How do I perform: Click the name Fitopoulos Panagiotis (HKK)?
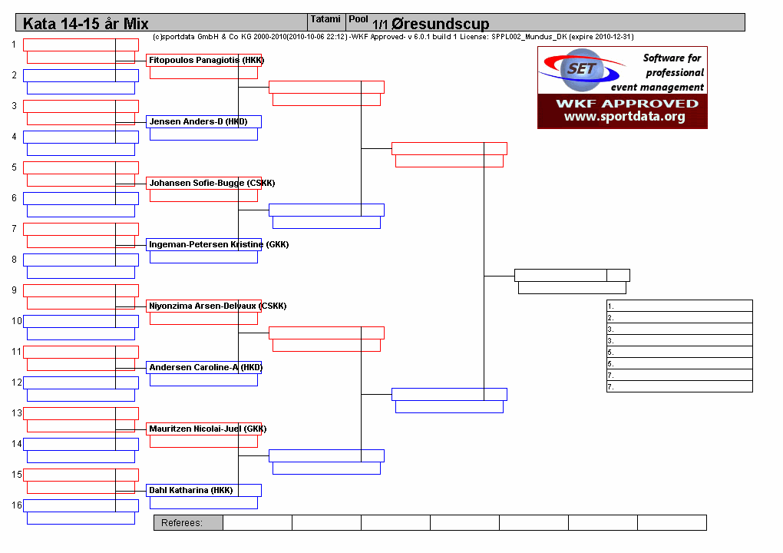point(206,60)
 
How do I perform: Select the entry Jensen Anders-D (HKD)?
point(198,121)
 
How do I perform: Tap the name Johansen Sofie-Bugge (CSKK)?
point(212,183)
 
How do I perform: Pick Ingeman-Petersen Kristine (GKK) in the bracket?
point(219,244)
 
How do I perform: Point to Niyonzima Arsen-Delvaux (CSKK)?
point(218,306)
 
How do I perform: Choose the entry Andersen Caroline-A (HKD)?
point(206,367)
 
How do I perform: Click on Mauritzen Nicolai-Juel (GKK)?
point(208,429)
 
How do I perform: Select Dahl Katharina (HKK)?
point(190,490)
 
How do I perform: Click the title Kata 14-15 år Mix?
point(85,24)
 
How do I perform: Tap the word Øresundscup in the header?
point(440,24)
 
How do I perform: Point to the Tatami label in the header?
point(325,19)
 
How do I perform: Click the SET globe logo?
point(582,70)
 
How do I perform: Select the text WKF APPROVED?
point(627,104)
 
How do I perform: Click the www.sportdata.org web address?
point(625,117)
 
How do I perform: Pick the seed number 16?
point(16,505)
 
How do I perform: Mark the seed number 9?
point(14,290)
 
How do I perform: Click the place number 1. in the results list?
point(611,306)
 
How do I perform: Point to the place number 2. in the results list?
point(611,318)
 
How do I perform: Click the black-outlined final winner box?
point(572,275)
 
